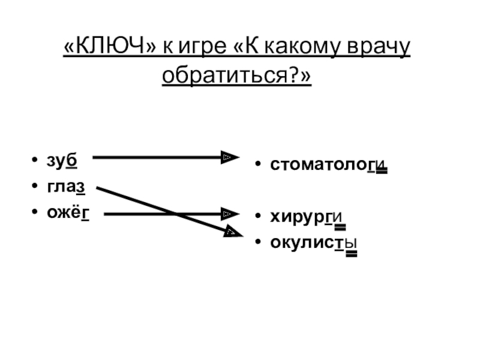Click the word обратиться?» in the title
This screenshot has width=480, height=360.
pyautogui.click(x=237, y=77)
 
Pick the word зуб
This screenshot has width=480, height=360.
pyautogui.click(x=62, y=161)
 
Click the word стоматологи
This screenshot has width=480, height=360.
pyautogui.click(x=327, y=164)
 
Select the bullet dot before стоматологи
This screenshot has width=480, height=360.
pyautogui.click(x=257, y=164)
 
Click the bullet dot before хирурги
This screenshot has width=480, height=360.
pyautogui.click(x=257, y=217)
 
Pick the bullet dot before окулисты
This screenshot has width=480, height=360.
pyautogui.click(x=257, y=242)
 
